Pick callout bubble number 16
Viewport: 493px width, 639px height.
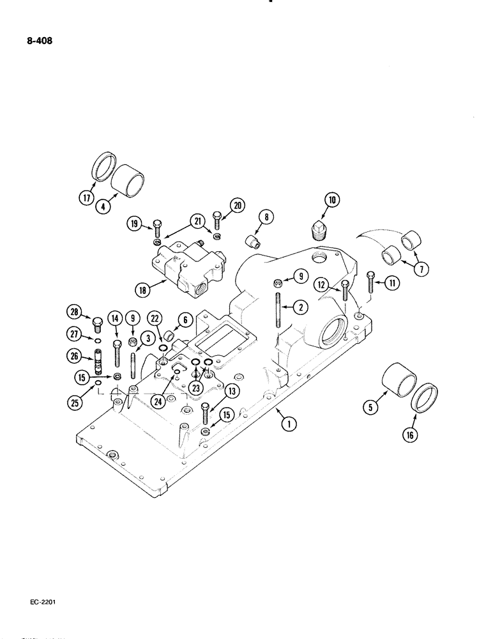coord(408,436)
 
